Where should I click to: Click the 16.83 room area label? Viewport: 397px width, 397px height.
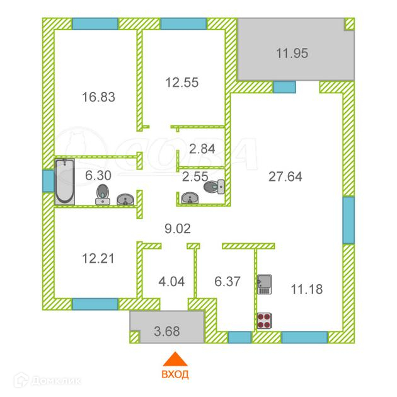pos(98,97)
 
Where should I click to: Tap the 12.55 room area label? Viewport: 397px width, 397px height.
pos(181,83)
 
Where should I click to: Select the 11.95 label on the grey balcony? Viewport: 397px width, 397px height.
pos(292,53)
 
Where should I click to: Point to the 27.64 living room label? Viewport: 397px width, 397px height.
pos(285,176)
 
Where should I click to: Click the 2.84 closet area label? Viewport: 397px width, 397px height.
pos(202,149)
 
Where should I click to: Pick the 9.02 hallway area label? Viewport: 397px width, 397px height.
pos(178,229)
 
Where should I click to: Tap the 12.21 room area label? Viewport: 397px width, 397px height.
pos(98,258)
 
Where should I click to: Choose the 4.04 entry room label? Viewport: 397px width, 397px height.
pos(171,282)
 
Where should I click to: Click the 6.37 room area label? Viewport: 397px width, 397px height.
pos(227,282)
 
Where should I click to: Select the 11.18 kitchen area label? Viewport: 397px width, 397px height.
pos(307,289)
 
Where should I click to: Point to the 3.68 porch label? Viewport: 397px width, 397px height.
pos(167,331)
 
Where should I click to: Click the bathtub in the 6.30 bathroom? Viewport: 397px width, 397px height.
pos(65,181)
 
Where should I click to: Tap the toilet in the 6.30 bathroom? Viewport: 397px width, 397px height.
pos(103,195)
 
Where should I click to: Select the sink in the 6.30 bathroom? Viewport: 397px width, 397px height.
pos(125,200)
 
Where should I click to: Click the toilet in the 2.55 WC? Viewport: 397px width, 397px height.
pos(214,187)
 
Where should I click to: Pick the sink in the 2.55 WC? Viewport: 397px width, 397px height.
pos(190,198)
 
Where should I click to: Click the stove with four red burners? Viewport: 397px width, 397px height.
pos(264,321)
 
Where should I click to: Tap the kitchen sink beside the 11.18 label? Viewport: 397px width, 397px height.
pos(264,285)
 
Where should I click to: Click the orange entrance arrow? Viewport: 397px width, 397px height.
pos(175,360)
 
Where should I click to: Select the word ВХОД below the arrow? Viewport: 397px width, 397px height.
pos(175,374)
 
